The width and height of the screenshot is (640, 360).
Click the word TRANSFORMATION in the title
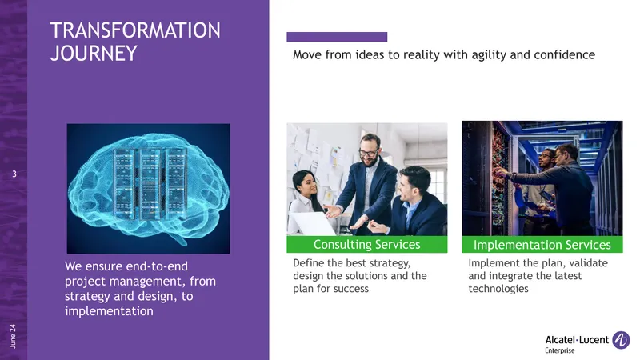coord(135,30)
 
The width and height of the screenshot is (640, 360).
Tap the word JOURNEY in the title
coord(94,54)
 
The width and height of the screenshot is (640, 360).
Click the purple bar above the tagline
coord(337,37)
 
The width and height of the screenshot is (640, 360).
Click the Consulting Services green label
coord(367,244)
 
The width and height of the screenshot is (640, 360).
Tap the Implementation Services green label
coord(542,245)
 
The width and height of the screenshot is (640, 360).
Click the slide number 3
coord(14,174)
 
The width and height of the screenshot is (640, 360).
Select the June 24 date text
coord(13,336)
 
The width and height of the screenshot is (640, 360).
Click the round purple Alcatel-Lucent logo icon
coord(621,340)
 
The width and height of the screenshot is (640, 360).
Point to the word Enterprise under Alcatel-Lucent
coord(559,350)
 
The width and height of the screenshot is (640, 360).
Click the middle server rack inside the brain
coord(150,184)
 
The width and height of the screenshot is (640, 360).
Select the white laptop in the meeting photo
coord(314,224)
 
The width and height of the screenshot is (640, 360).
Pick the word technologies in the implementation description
coord(498,289)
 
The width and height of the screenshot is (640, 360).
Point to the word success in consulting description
coord(350,289)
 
